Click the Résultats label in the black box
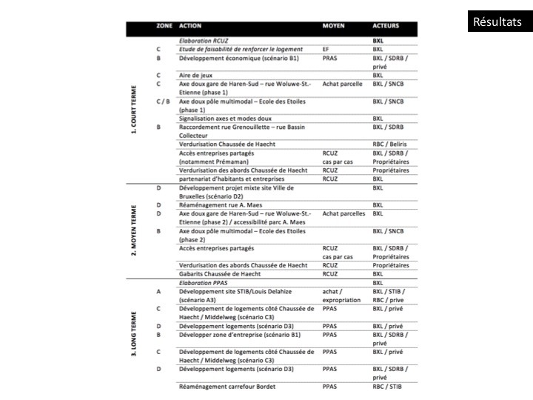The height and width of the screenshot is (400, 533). click(x=497, y=21)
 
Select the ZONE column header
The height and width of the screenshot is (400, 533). click(x=164, y=26)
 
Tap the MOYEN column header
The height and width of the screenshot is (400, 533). click(x=333, y=26)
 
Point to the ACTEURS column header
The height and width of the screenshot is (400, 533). click(x=386, y=26)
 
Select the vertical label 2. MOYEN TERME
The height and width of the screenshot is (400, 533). click(x=134, y=230)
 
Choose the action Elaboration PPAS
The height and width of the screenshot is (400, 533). click(x=207, y=282)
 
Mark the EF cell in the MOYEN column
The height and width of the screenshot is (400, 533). click(x=326, y=49)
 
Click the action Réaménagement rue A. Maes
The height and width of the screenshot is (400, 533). click(x=219, y=204)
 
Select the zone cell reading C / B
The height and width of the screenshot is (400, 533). click(x=163, y=101)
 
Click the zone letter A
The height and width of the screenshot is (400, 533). click(x=159, y=291)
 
